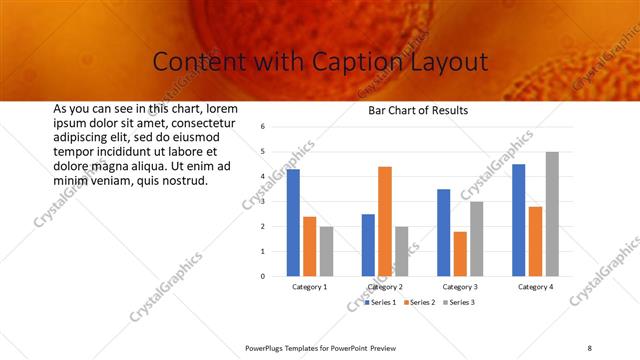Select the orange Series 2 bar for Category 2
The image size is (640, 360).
(x=385, y=221)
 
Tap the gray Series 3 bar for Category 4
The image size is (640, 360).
(x=552, y=214)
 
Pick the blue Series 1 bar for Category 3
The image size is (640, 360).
(x=443, y=232)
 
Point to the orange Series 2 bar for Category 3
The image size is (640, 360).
(x=460, y=254)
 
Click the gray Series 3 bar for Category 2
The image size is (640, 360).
(x=402, y=251)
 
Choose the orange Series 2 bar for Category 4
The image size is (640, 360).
(x=535, y=241)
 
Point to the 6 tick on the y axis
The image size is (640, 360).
(x=261, y=127)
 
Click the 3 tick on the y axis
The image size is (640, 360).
(x=261, y=202)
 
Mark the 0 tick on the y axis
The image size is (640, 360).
(x=261, y=276)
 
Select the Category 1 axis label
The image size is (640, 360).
(x=310, y=287)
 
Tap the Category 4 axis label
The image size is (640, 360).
(x=535, y=287)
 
